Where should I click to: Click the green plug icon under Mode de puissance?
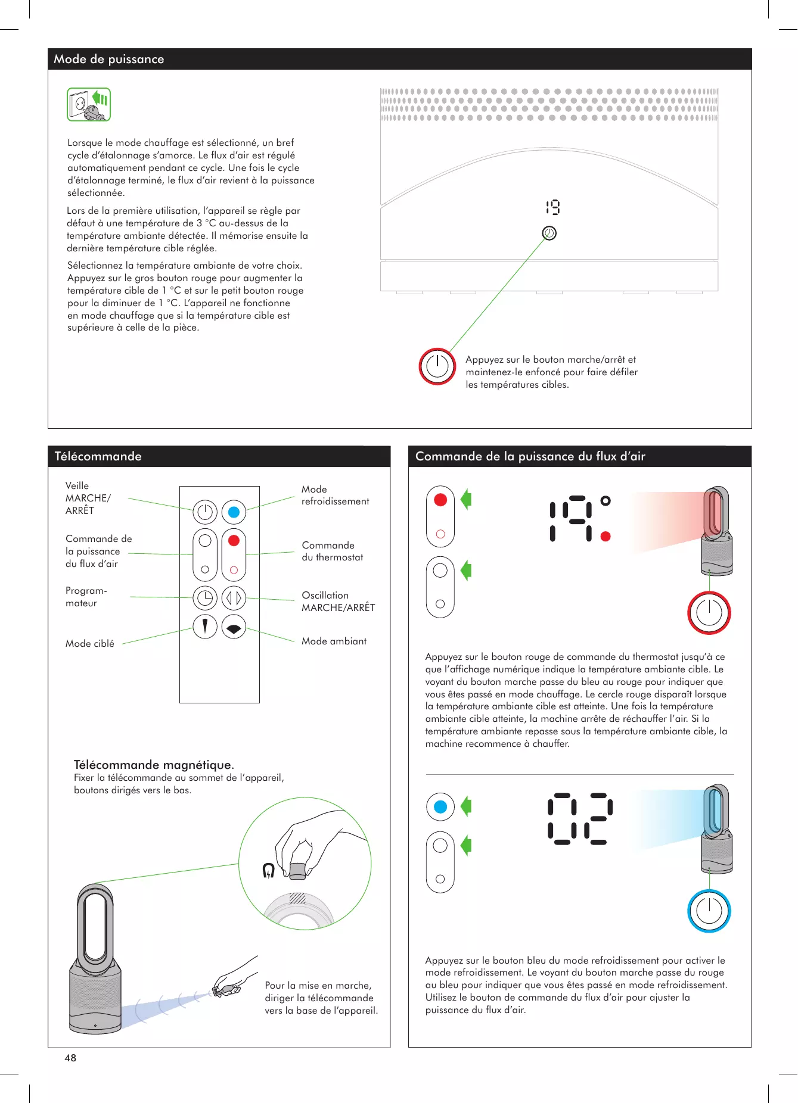(x=89, y=104)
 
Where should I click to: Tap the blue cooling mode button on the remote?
(x=234, y=512)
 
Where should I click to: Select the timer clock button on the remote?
(x=205, y=597)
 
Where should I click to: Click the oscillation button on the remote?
(x=234, y=597)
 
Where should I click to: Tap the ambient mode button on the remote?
(x=234, y=627)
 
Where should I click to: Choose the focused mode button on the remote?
(x=205, y=626)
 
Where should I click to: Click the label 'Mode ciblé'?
(x=90, y=643)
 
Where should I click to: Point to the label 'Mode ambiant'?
(x=334, y=641)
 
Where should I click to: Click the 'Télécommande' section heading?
(x=98, y=456)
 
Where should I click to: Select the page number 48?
(x=70, y=1058)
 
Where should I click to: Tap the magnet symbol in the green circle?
(x=269, y=871)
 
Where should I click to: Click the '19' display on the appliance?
(x=552, y=207)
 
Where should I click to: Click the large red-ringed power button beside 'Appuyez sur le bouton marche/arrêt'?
(x=437, y=366)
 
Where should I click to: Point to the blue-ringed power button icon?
(x=709, y=911)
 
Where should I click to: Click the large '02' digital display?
(x=580, y=818)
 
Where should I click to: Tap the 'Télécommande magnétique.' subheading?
(x=154, y=765)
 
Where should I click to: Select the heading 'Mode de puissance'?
(x=109, y=59)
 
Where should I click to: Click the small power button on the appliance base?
(x=549, y=233)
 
